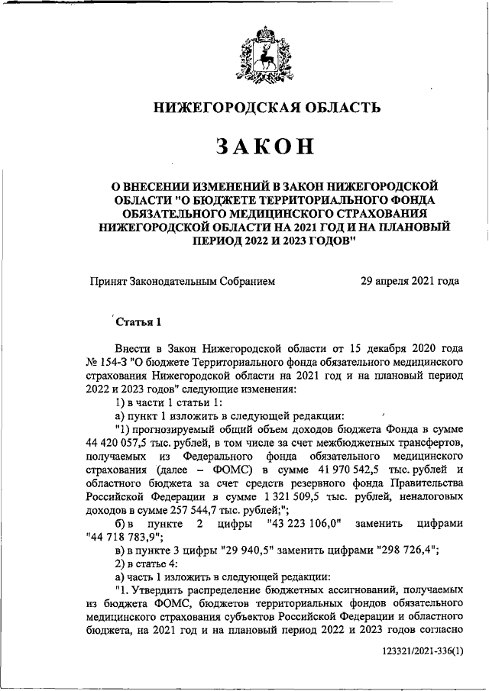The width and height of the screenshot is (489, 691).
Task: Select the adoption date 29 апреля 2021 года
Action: click(x=410, y=281)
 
